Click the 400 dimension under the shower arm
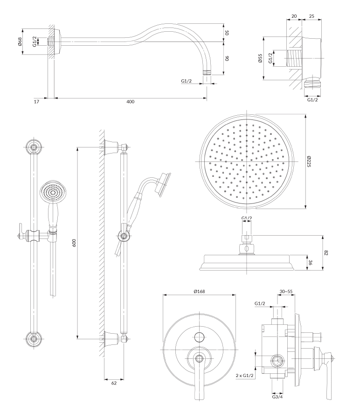click(x=130, y=102)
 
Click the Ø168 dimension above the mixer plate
click(x=200, y=291)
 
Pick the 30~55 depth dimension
click(x=285, y=291)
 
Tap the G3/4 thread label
click(x=277, y=398)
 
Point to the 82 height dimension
click(x=326, y=252)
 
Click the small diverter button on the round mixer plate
click(x=200, y=336)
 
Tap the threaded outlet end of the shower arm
click(x=207, y=73)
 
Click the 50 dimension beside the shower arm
click(x=228, y=33)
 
